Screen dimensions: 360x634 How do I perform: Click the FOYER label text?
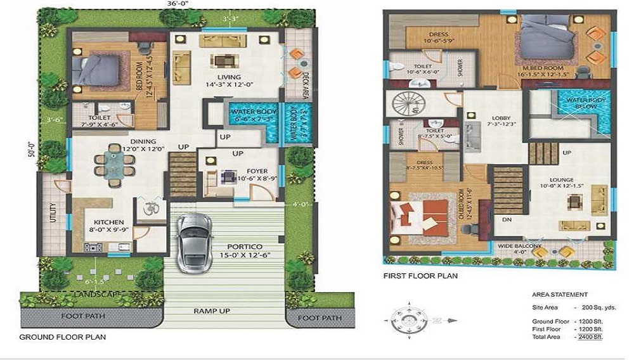click(257, 171)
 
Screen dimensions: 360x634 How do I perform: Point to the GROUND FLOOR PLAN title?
click(63, 337)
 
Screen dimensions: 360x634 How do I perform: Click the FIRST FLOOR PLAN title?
click(420, 276)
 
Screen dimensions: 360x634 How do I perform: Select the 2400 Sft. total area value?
click(590, 337)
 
